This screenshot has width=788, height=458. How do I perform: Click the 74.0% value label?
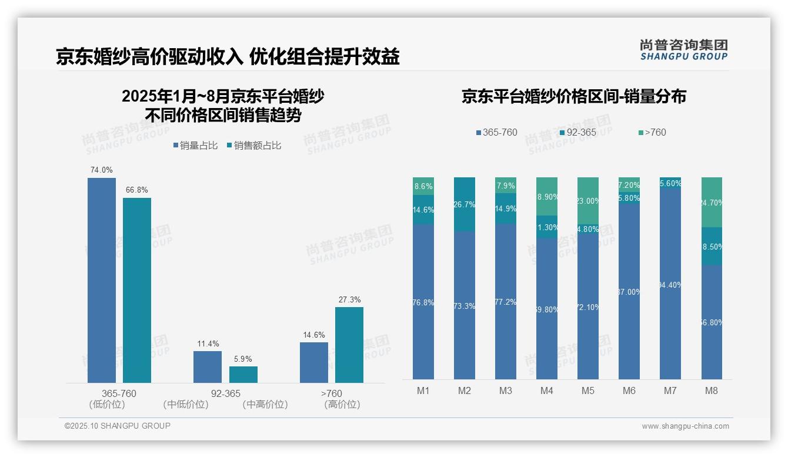point(101,170)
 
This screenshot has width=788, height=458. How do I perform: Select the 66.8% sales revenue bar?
point(137,290)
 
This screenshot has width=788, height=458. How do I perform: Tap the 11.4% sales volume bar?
point(208,367)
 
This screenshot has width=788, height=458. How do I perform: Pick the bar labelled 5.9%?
point(243,375)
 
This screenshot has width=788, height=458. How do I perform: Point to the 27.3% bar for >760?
point(349,345)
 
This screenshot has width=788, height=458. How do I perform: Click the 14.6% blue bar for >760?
point(314,362)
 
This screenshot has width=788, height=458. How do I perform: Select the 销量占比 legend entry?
point(196,146)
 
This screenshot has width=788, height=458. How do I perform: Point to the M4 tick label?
point(547,390)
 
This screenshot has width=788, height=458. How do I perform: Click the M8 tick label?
point(712,390)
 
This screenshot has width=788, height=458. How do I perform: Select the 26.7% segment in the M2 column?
point(465,204)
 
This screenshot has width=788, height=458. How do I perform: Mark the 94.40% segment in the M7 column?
point(670,284)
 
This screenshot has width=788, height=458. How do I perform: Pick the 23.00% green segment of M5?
point(588,200)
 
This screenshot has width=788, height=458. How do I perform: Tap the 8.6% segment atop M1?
point(423,186)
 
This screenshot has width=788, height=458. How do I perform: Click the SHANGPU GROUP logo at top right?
point(683,50)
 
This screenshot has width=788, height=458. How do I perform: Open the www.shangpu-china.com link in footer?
point(685,426)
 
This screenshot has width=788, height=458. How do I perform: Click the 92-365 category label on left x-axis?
point(226,394)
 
